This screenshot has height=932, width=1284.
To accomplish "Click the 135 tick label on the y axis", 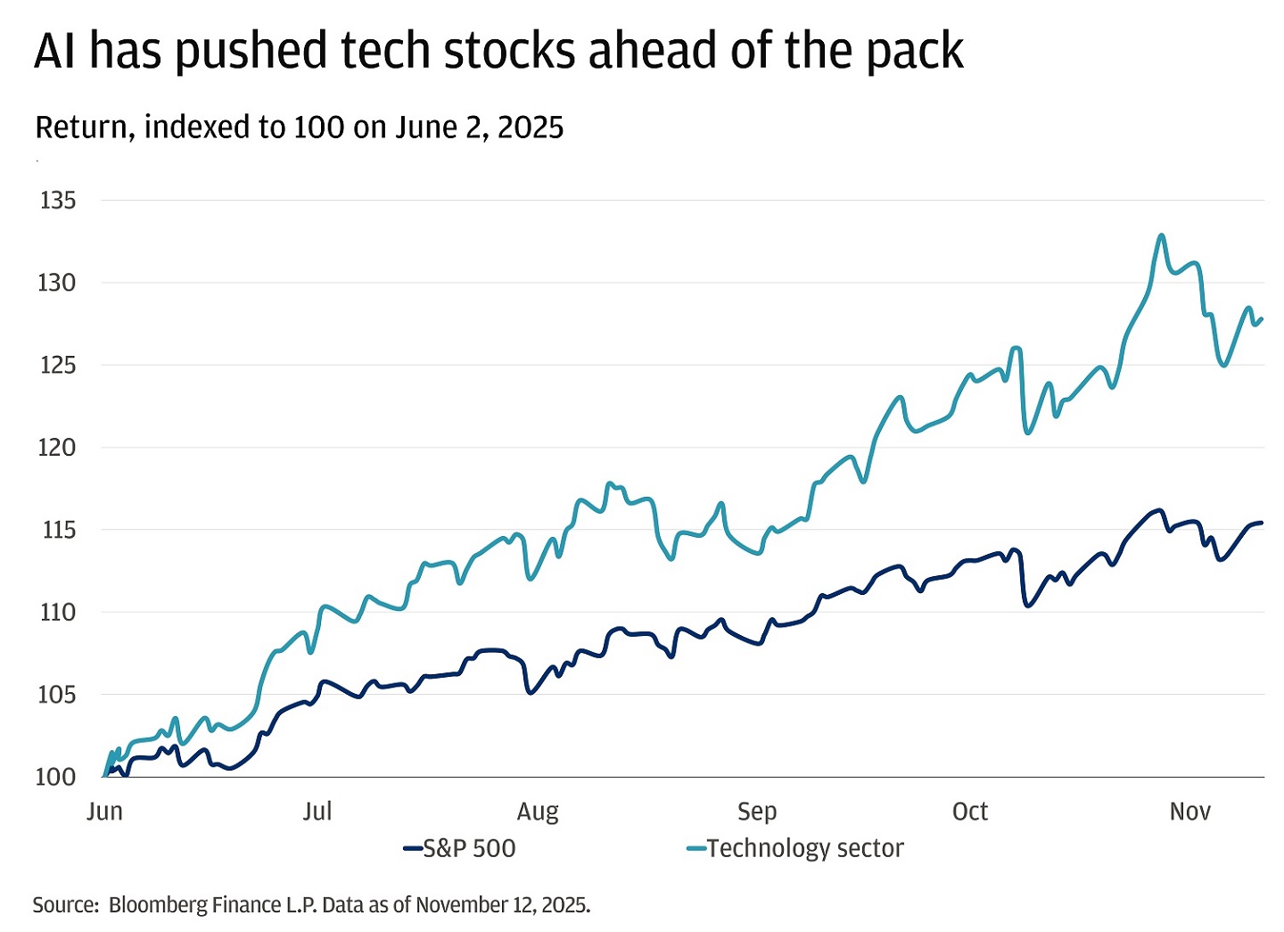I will coord(58,201).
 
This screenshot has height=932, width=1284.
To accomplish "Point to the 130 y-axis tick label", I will coord(58,283).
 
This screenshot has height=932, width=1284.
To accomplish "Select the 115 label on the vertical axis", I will coord(58,530).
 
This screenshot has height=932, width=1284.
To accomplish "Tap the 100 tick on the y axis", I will coord(55,777).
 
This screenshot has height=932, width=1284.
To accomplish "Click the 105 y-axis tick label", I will coord(56,695).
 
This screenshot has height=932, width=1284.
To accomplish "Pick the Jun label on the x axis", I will coord(104,812).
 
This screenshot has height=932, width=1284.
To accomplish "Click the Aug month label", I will coord(538,812).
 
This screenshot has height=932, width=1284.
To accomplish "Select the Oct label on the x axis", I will coord(970,812).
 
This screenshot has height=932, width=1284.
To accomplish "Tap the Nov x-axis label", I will coord(1189,812).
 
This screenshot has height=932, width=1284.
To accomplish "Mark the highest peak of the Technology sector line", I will coord(1161,235).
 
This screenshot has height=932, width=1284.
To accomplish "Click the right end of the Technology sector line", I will coord(1262,319).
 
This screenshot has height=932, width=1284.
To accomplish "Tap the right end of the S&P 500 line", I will coord(1262,523).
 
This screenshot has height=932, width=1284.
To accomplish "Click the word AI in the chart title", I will coord(54,52).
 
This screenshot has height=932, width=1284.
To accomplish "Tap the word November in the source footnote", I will coord(461,905).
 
